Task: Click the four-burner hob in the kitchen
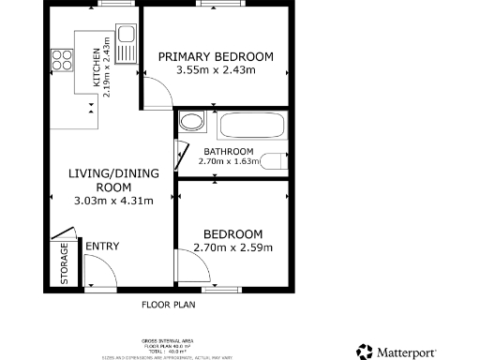[63, 60]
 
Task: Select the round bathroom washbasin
[191, 122]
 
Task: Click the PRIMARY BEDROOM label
[216, 57]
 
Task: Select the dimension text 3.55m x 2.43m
[216, 70]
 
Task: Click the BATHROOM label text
[228, 152]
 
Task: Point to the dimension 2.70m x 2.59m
[232, 247]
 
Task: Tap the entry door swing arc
[97, 271]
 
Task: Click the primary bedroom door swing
[156, 92]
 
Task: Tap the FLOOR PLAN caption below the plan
[168, 305]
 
